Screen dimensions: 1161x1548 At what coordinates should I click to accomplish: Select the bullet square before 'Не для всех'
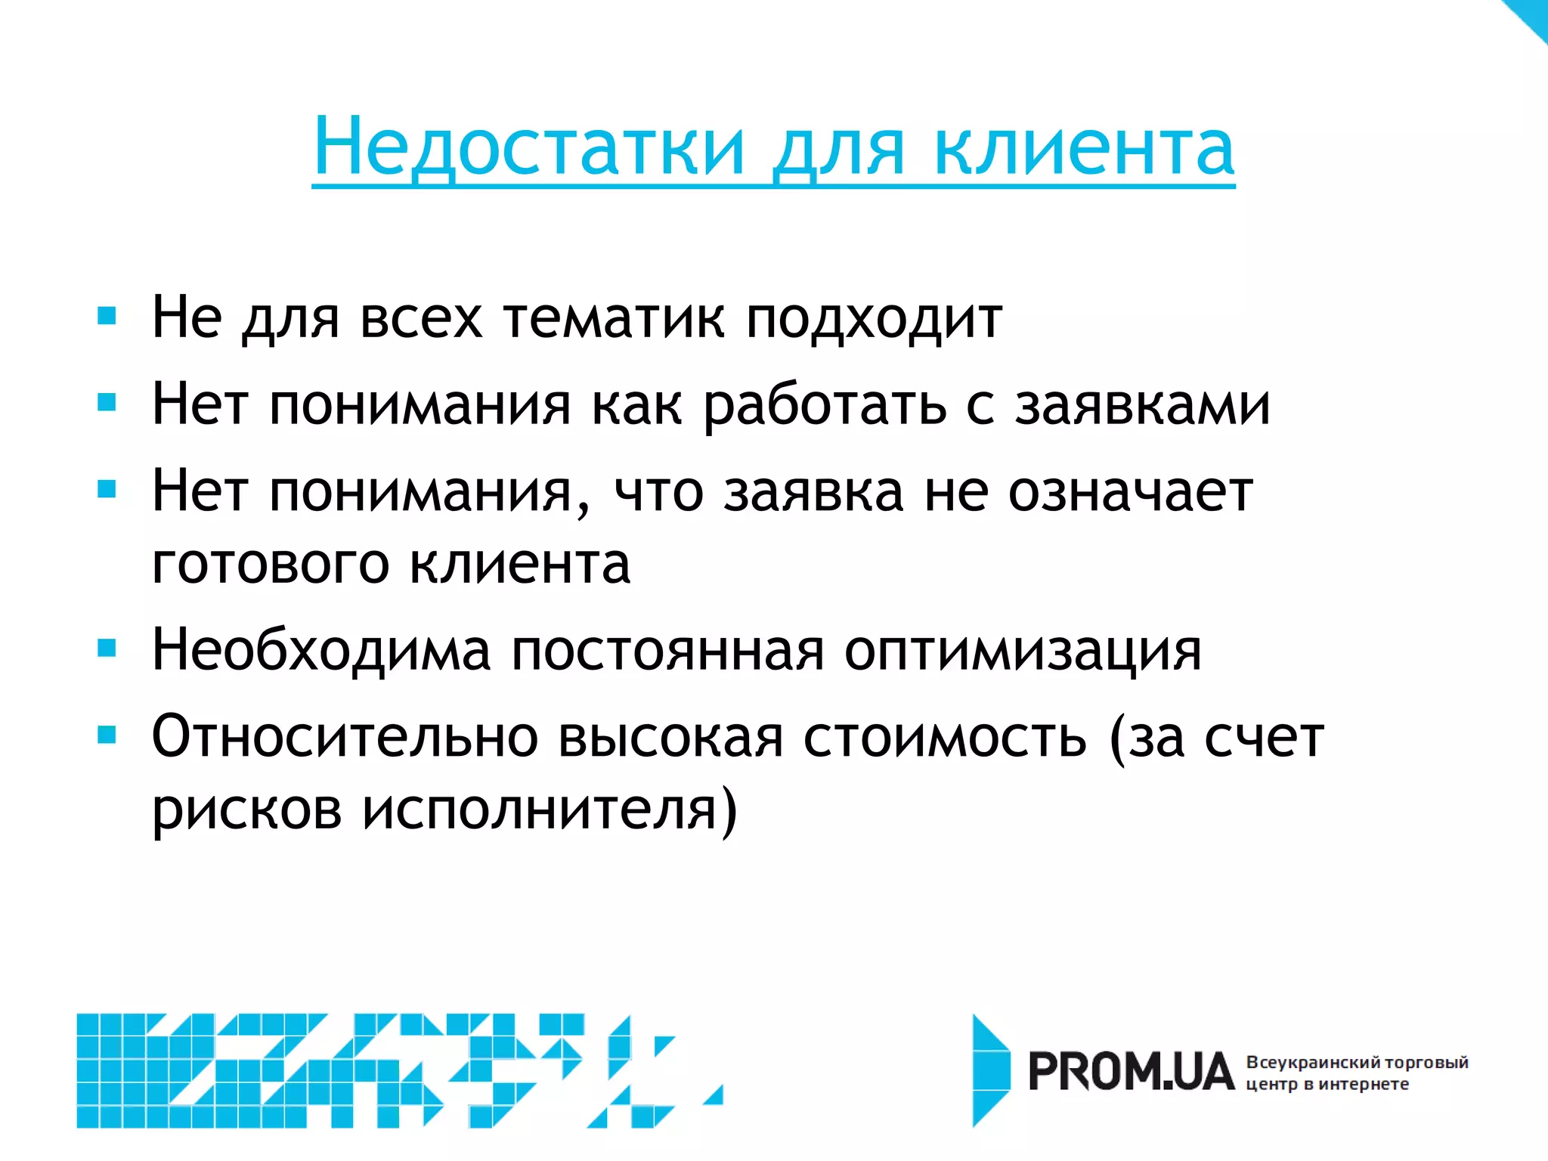click(x=107, y=315)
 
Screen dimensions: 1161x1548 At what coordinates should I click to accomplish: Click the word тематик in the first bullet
click(x=614, y=317)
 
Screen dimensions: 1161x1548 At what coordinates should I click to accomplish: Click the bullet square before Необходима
click(x=107, y=648)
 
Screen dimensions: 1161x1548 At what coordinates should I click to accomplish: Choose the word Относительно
click(x=345, y=736)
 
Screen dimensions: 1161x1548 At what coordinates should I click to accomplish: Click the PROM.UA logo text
click(x=1132, y=1072)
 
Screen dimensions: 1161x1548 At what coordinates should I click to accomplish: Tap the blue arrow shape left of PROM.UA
click(x=990, y=1070)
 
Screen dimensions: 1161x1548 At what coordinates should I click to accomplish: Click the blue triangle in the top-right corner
click(x=1531, y=15)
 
